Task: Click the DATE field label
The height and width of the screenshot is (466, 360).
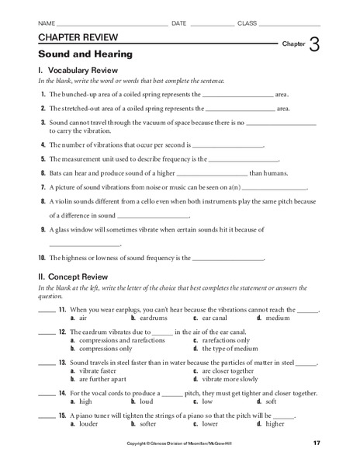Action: (178, 23)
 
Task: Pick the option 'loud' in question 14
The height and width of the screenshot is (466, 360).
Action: (147, 402)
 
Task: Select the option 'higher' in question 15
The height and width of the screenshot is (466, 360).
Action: (276, 423)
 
